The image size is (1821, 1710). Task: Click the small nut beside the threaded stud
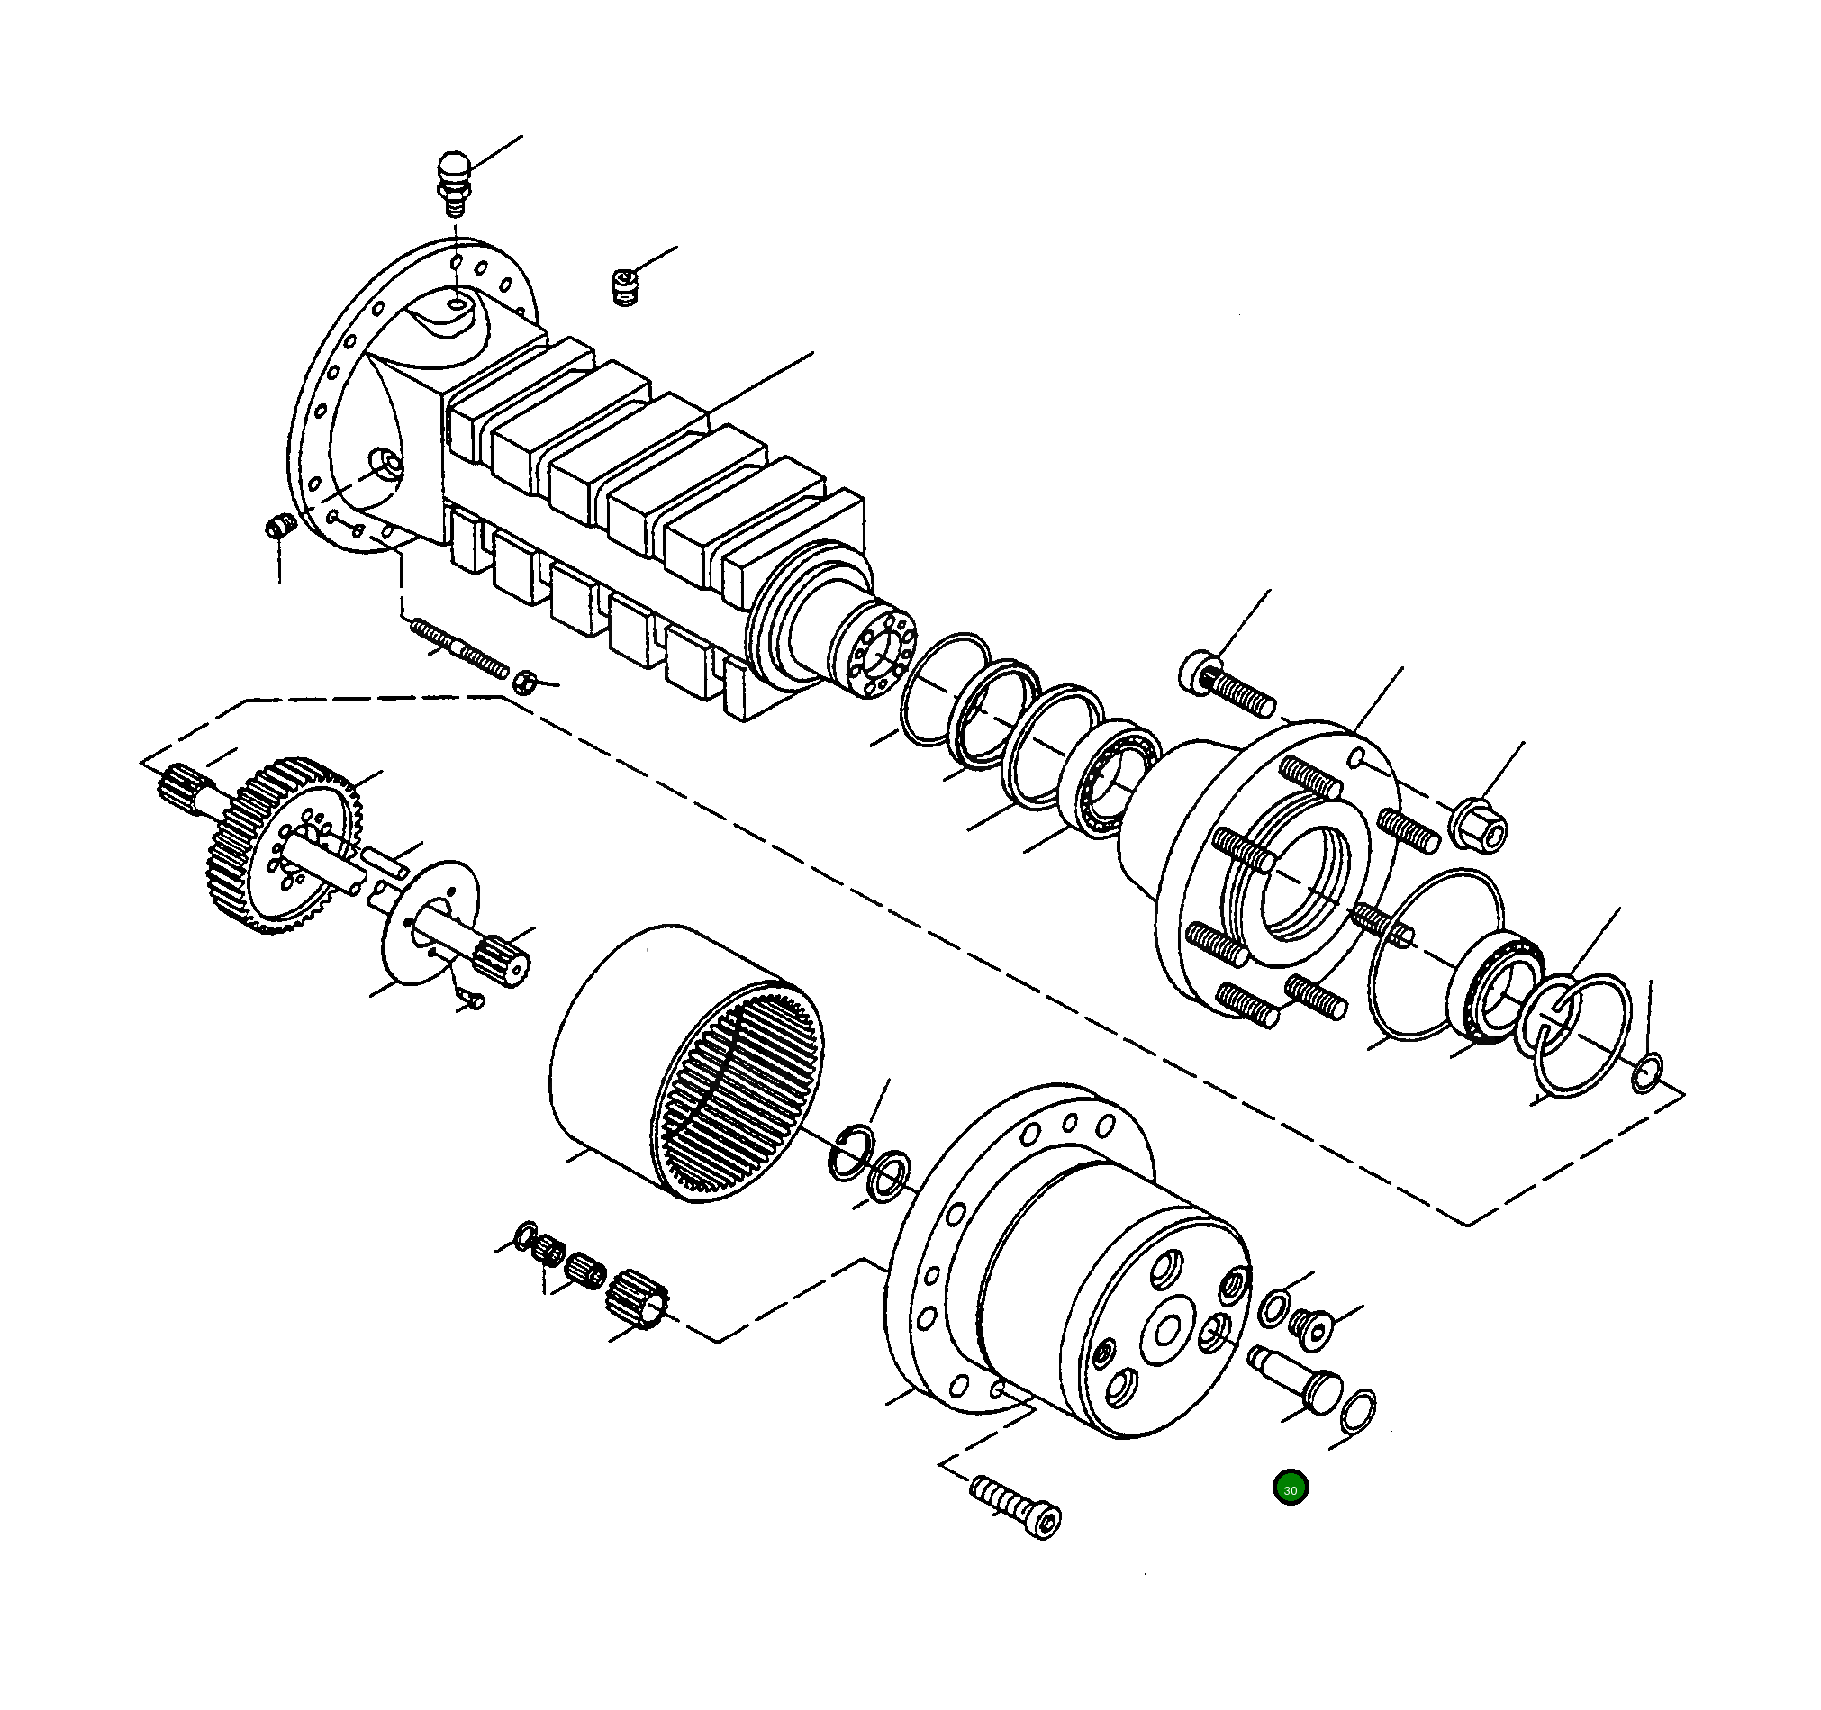(x=523, y=682)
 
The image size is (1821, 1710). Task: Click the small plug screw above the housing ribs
(x=624, y=286)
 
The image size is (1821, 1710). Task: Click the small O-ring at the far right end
(x=1647, y=1073)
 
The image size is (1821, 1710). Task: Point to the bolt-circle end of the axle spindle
(x=878, y=655)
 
